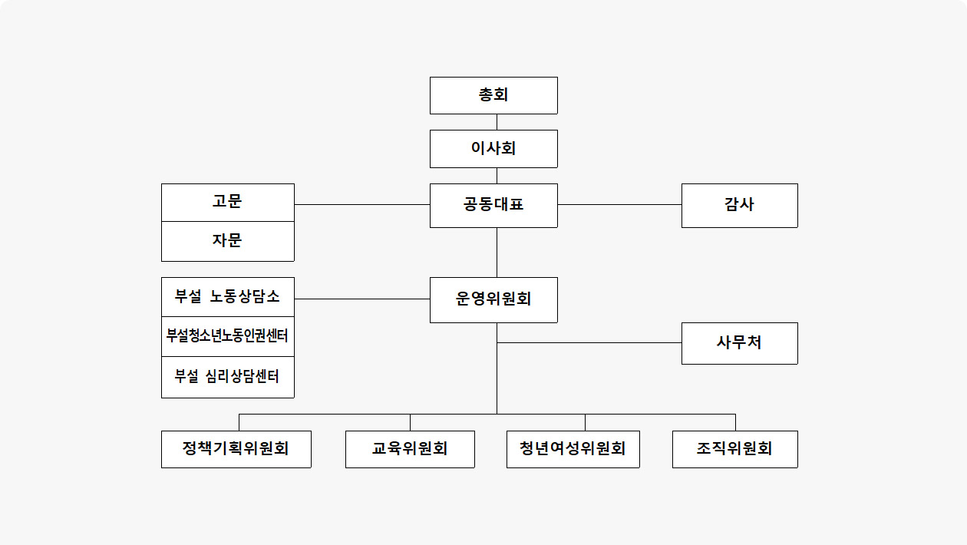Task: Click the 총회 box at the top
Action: click(x=493, y=95)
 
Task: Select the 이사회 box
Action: click(x=493, y=149)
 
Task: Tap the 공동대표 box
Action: click(x=493, y=206)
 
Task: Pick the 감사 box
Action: click(x=740, y=206)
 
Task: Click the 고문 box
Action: click(x=228, y=203)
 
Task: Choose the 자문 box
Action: click(x=228, y=241)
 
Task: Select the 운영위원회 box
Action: click(x=493, y=299)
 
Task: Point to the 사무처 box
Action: click(x=740, y=343)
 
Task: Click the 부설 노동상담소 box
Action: click(x=228, y=297)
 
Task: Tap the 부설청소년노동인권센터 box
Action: click(x=228, y=336)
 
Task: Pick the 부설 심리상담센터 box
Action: click(x=228, y=377)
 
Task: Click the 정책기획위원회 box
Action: click(x=236, y=449)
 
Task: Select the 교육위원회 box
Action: click(x=410, y=449)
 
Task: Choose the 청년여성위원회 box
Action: click(x=573, y=449)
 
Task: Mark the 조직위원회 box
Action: click(x=734, y=449)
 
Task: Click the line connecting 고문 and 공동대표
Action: click(x=362, y=204)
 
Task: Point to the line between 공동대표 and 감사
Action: click(x=619, y=204)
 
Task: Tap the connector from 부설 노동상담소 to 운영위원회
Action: click(x=362, y=299)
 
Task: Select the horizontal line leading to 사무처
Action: click(x=589, y=342)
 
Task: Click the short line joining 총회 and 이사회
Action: click(x=497, y=122)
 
